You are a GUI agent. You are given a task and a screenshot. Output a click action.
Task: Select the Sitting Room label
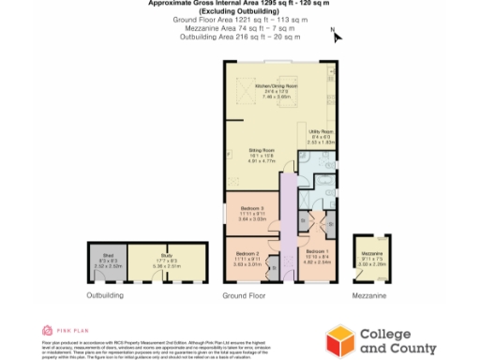click(x=261, y=154)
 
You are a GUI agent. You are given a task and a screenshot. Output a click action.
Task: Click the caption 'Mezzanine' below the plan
click(x=371, y=295)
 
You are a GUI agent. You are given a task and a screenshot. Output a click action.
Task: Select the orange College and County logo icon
click(x=340, y=338)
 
